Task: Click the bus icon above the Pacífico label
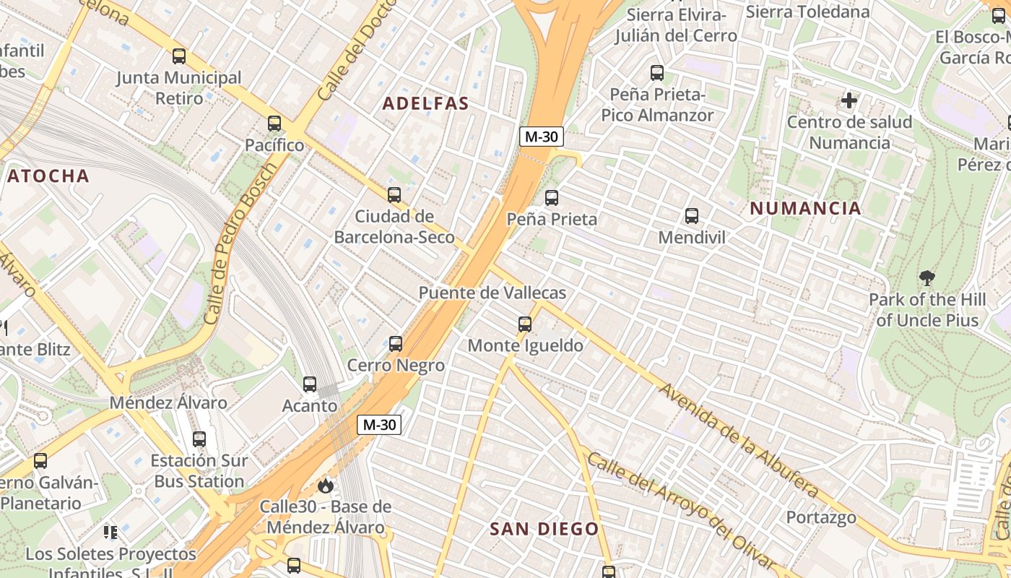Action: click(x=274, y=124)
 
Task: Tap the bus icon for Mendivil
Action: click(x=692, y=215)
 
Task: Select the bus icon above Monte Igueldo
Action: click(x=525, y=324)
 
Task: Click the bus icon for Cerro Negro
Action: click(x=396, y=344)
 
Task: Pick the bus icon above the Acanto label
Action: click(x=310, y=384)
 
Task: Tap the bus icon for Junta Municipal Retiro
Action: click(x=179, y=56)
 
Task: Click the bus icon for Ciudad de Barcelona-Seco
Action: click(x=394, y=194)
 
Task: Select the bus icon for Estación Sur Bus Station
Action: click(x=199, y=439)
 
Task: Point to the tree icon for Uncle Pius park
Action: click(x=927, y=277)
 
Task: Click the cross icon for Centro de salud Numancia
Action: click(x=849, y=100)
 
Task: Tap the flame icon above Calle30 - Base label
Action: click(x=326, y=486)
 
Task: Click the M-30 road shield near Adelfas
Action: click(x=541, y=137)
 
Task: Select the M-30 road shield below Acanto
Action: click(x=379, y=425)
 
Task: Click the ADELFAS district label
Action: click(x=425, y=103)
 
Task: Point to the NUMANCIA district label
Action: click(x=805, y=209)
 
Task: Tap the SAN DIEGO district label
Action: click(x=544, y=529)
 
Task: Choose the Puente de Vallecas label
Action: click(x=493, y=293)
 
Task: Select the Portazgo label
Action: click(x=821, y=517)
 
